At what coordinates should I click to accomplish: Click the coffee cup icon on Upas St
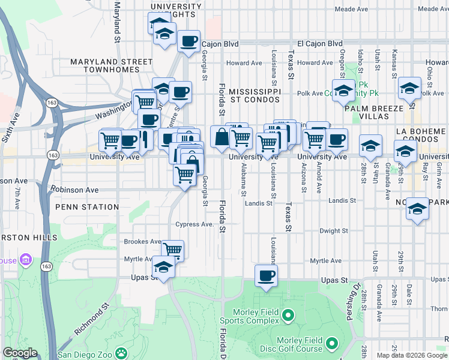[x=265, y=276]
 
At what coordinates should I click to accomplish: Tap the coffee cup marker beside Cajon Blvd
[x=189, y=41]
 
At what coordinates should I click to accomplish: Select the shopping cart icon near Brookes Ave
[x=172, y=250]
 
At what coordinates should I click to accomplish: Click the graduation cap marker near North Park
[x=418, y=209]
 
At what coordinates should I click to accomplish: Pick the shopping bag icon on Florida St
[x=221, y=137]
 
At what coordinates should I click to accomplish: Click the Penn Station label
[x=87, y=207]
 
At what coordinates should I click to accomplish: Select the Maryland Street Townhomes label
[x=112, y=65]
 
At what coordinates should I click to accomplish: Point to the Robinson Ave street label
[x=74, y=190]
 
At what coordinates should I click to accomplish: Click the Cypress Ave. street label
[x=194, y=224]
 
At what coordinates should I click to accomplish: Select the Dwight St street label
[x=334, y=230]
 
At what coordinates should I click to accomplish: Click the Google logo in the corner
[x=20, y=353]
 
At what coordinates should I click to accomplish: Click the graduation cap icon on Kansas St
[x=409, y=89]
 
